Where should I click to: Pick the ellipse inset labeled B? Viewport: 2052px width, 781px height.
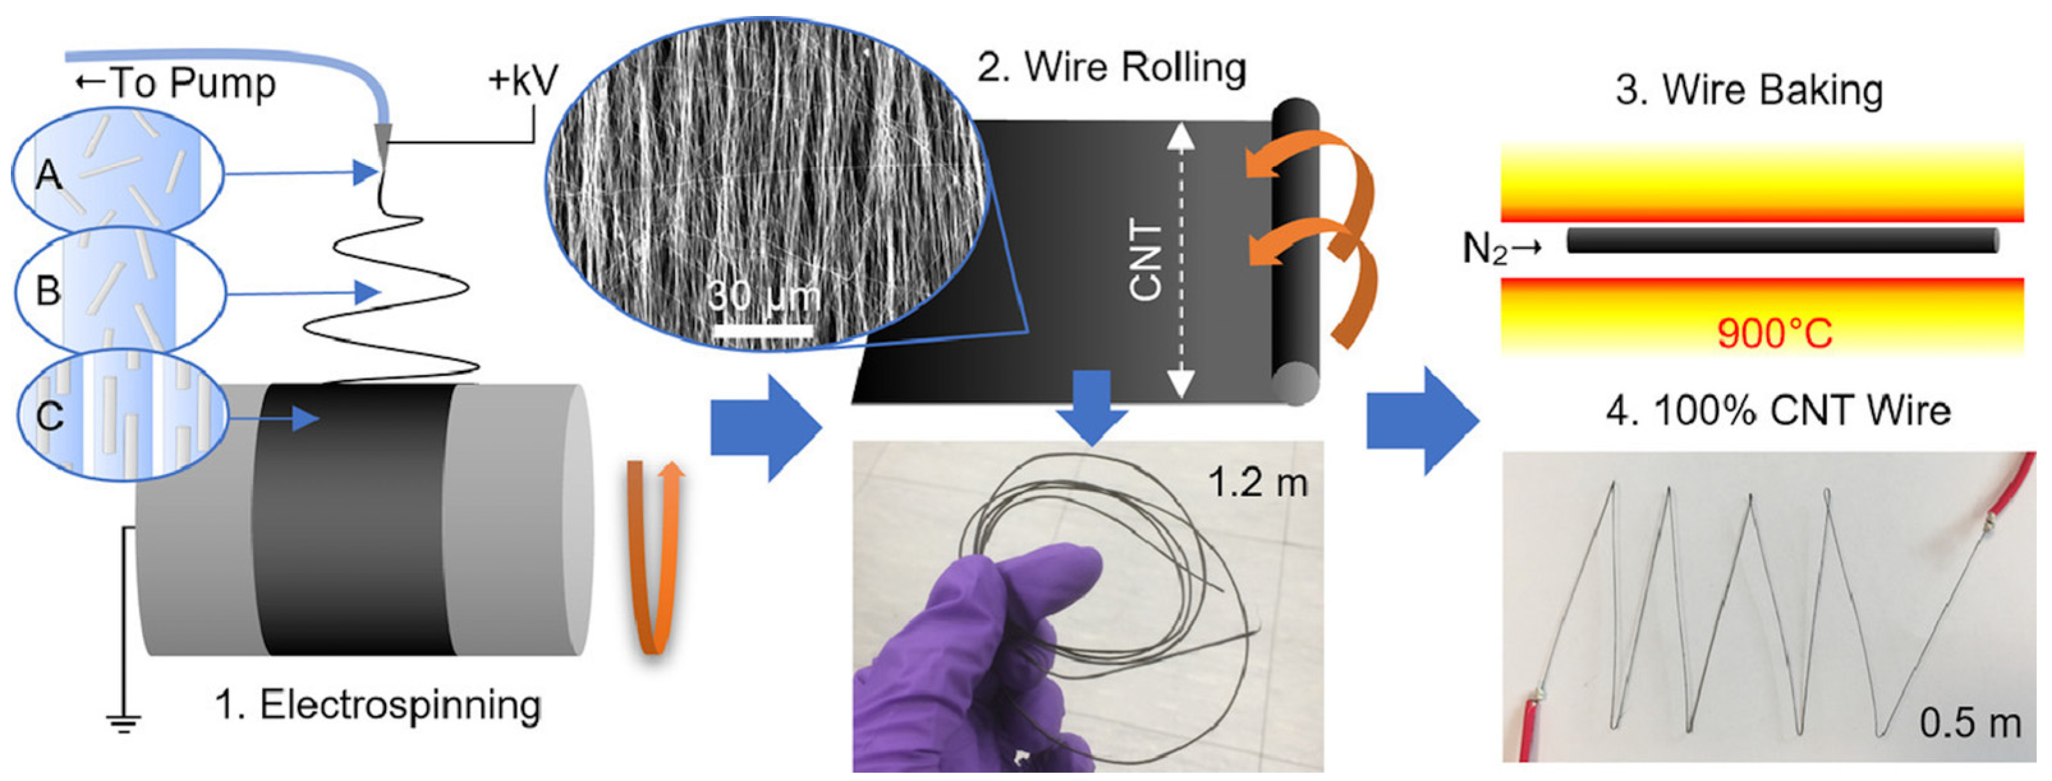coord(120,291)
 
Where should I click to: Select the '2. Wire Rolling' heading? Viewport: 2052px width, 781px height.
coord(1111,67)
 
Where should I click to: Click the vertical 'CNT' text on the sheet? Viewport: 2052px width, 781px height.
coord(1145,262)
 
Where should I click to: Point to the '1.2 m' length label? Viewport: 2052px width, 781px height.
coord(1258,482)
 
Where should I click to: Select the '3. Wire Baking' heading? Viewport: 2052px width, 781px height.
coord(1748,90)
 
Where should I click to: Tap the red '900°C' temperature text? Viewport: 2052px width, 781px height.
coord(1774,333)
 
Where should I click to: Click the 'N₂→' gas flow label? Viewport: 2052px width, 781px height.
coord(1502,249)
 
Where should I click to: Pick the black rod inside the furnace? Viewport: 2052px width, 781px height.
coord(1780,241)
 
